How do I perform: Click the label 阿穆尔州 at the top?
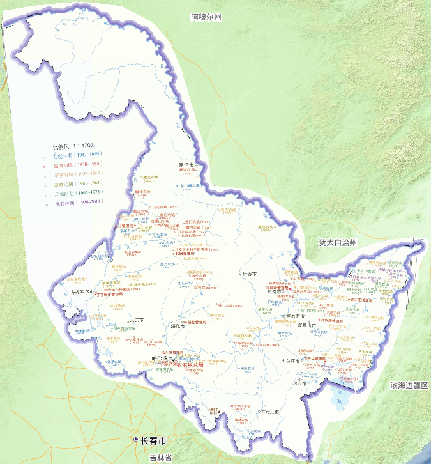(x=206, y=17)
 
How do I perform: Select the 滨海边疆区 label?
(x=411, y=385)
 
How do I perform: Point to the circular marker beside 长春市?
(x=135, y=441)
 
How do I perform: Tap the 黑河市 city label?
(x=187, y=164)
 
